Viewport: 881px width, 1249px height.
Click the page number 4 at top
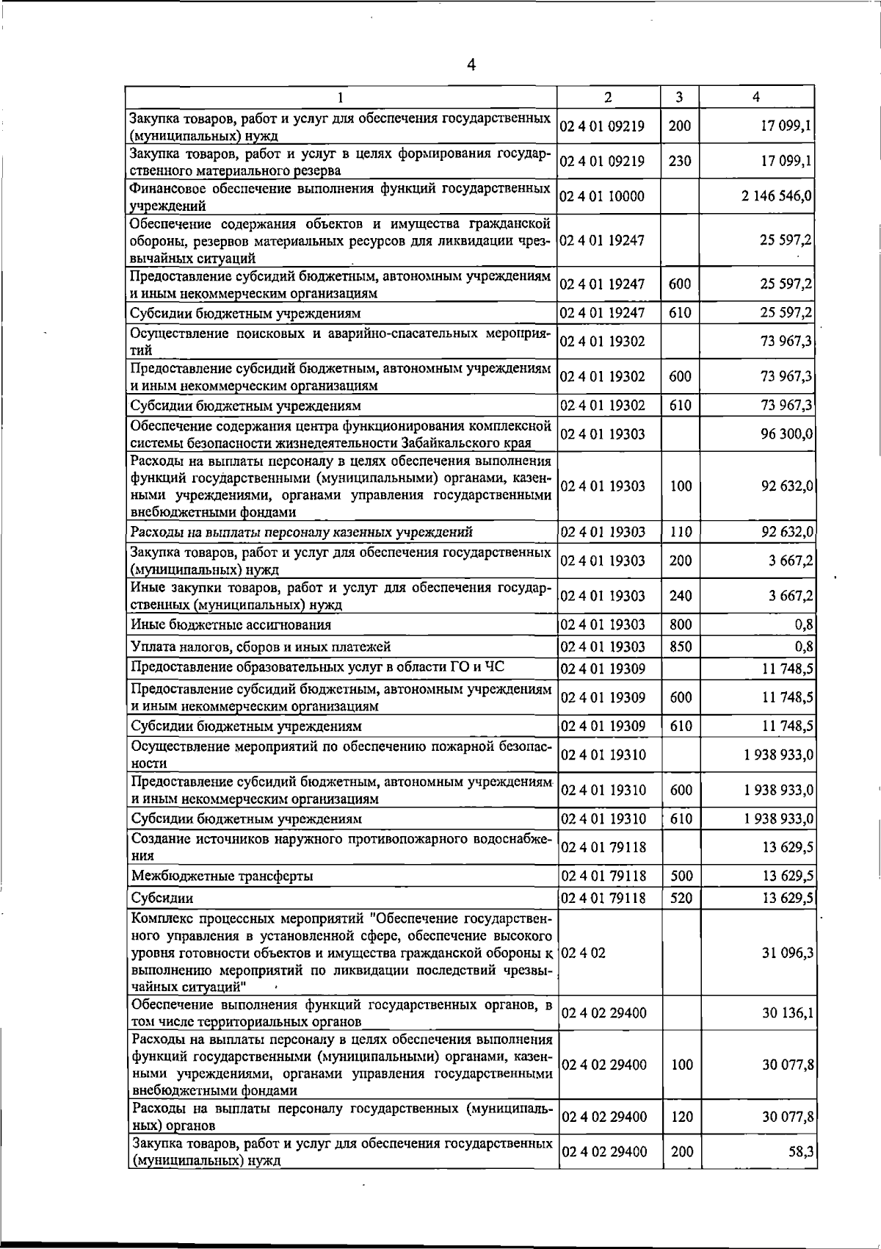[471, 65]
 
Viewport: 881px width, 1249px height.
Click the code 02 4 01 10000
[602, 196]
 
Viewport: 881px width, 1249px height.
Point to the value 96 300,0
[786, 434]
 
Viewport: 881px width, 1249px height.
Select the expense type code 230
[680, 161]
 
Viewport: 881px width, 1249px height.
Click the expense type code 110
[681, 532]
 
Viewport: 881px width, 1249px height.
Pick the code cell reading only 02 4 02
[584, 953]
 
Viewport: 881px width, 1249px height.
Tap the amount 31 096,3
[788, 953]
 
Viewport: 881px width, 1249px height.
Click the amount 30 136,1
[788, 1013]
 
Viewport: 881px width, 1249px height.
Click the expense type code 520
[681, 898]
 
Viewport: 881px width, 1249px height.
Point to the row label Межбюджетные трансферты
[222, 876]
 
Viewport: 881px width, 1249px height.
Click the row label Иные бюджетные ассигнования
[231, 625]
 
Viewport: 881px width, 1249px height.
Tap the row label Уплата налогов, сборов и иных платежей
[261, 647]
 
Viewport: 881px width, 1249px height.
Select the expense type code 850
[681, 647]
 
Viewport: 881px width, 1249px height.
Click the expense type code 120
[682, 1117]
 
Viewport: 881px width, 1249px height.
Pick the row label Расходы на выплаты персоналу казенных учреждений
[301, 532]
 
